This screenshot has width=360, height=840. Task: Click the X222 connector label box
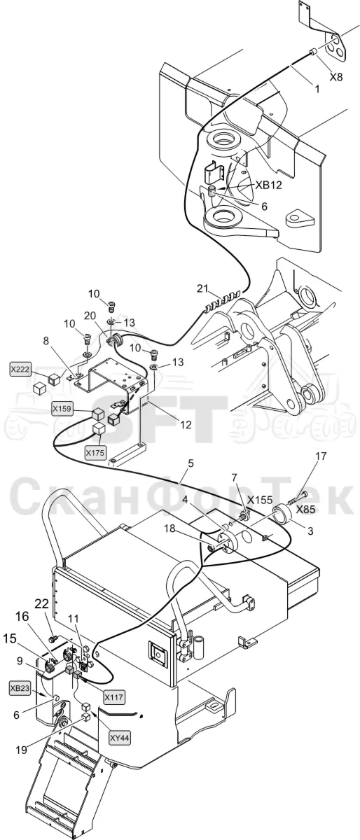20,370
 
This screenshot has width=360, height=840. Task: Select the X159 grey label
62,408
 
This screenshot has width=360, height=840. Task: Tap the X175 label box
95,453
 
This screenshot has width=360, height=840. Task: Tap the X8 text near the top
336,77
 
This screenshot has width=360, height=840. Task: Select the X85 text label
305,510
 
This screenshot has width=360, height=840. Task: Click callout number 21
202,288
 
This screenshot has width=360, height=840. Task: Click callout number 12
186,424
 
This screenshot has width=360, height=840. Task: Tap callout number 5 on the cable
191,463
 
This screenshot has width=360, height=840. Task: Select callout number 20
90,316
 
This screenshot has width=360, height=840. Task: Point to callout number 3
310,531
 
